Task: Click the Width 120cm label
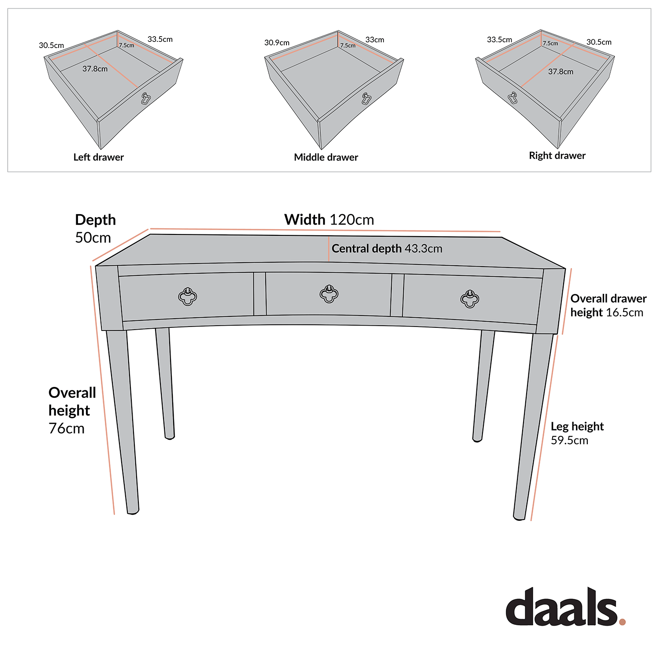coord(329,219)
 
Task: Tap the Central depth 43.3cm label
coord(386,249)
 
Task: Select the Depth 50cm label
coord(95,229)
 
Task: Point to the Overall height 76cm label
coord(71,410)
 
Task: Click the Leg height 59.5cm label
coord(576,433)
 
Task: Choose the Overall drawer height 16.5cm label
coord(608,305)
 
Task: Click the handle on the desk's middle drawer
coord(329,294)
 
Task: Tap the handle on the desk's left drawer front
coord(188,297)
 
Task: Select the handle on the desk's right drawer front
coord(470,299)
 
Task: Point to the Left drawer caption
coord(98,157)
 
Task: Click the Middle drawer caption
coord(326,157)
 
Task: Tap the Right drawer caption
coord(557,156)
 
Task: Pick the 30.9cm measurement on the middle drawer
coord(277,43)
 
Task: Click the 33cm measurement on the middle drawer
coord(375,40)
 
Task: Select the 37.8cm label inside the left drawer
coord(95,69)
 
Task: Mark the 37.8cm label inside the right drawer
coord(561,71)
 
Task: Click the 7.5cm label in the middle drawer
coord(348,45)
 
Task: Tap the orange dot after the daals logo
coord(622,622)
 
